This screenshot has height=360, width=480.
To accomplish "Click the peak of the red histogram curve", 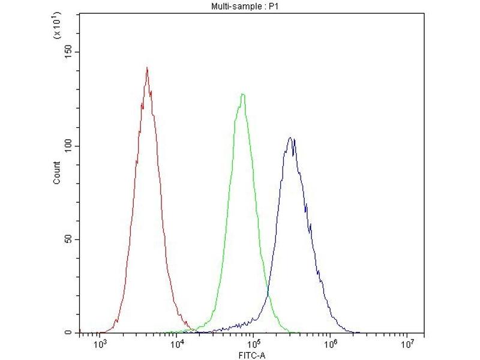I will click(146, 68).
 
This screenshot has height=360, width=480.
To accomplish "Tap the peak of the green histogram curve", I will click(242, 94).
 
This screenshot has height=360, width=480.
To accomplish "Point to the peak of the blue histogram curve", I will click(290, 138).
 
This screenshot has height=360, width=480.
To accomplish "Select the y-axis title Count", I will click(57, 173).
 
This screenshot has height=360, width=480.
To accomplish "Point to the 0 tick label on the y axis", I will click(69, 332).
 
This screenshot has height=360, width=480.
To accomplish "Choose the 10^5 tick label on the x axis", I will click(253, 344).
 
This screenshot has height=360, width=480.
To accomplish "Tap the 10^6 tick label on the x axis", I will click(330, 344).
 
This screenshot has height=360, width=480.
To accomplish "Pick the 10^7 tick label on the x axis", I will click(407, 344).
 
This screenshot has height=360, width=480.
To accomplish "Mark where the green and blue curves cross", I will click(268, 295).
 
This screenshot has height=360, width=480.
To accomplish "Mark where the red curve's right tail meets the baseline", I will click(195, 331).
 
